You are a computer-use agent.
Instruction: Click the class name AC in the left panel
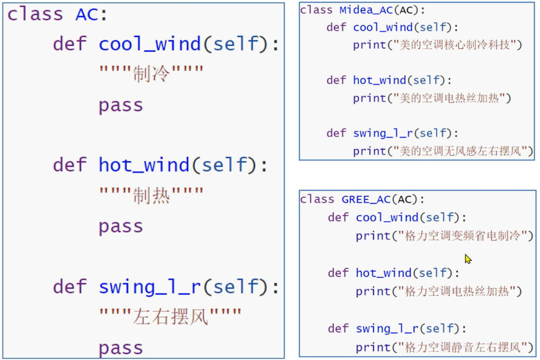click(x=87, y=14)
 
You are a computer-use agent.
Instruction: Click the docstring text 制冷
click(x=151, y=74)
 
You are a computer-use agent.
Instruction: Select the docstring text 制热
click(x=151, y=196)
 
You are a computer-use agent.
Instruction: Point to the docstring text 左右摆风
click(x=170, y=317)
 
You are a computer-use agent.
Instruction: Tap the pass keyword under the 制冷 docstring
click(x=120, y=105)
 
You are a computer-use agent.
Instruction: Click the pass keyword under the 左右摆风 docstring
click(x=120, y=348)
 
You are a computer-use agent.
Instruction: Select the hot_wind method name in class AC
click(x=144, y=166)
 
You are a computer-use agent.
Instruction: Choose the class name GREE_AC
click(x=366, y=199)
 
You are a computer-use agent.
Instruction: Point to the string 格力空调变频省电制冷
click(x=461, y=236)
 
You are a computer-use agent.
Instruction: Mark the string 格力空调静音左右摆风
click(x=461, y=347)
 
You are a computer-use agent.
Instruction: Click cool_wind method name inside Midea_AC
click(x=383, y=27)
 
